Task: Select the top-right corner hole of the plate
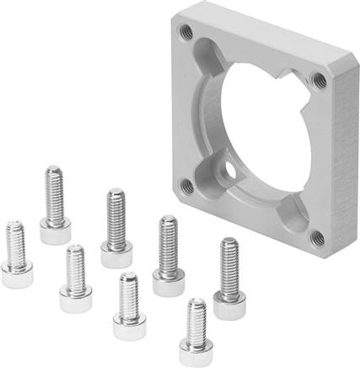click(318, 81)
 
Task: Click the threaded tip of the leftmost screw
click(14, 225)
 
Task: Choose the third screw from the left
click(76, 274)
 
